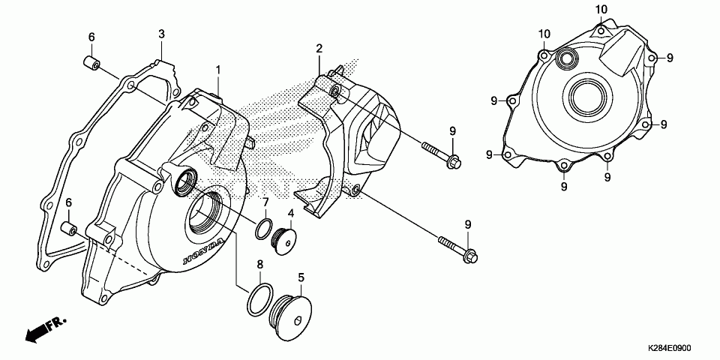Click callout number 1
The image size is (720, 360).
click(218, 70)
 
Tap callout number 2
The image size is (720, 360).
click(319, 49)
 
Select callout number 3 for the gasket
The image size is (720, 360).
click(161, 34)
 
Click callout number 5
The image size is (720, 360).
click(301, 277)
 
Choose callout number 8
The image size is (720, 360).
click(259, 264)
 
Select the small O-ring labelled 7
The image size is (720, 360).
click(263, 229)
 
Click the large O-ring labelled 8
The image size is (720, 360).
click(256, 300)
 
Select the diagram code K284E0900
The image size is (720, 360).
click(670, 349)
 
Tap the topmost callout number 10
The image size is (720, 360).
click(601, 9)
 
